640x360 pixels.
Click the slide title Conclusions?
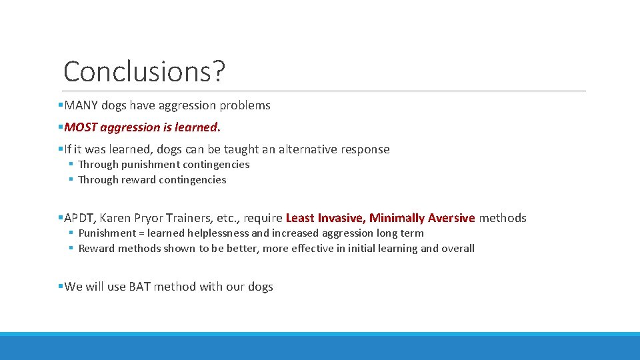click(x=144, y=71)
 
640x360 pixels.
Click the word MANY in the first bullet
click(x=81, y=105)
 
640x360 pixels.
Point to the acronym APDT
click(x=79, y=218)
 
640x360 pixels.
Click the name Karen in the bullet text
click(x=116, y=218)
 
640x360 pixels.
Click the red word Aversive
click(x=451, y=218)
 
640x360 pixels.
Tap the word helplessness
click(x=217, y=233)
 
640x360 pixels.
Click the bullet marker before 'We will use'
click(x=61, y=287)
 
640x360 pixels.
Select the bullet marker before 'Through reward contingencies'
click(x=70, y=180)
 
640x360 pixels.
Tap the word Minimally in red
click(x=397, y=218)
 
